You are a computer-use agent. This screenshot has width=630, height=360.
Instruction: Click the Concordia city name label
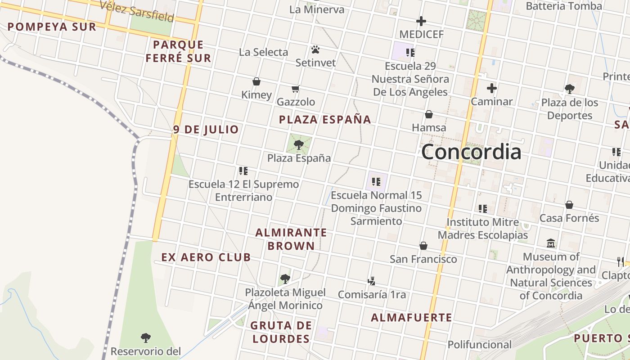(471, 152)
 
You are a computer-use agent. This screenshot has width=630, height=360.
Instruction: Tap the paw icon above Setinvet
(315, 49)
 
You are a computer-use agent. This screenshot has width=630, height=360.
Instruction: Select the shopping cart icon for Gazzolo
(295, 89)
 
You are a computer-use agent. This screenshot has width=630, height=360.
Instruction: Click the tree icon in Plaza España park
(298, 144)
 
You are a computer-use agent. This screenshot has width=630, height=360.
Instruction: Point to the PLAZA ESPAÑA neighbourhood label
(325, 120)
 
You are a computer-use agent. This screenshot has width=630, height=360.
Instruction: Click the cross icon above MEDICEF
(421, 21)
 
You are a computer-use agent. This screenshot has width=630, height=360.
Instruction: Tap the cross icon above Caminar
(491, 88)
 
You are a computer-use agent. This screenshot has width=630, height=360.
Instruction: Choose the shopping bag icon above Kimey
(256, 81)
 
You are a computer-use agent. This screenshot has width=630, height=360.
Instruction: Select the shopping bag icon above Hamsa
(429, 114)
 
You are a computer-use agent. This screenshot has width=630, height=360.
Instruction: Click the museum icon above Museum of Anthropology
(551, 243)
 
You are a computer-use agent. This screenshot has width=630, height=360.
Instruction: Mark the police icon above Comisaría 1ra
(371, 281)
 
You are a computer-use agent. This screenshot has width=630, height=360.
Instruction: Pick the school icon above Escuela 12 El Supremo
(243, 171)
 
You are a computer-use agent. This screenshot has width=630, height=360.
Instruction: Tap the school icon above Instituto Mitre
(483, 208)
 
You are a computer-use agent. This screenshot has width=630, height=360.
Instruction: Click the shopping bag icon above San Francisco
(423, 246)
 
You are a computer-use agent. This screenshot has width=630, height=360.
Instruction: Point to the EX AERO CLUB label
(206, 257)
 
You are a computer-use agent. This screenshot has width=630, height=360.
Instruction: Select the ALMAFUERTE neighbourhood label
(411, 318)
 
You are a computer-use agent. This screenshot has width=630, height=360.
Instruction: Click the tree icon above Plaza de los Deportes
(569, 89)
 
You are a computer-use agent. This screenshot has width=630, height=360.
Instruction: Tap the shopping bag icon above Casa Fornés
(569, 205)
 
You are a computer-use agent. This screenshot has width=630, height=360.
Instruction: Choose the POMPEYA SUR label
(52, 27)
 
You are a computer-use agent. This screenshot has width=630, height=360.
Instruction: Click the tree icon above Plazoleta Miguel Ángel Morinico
(285, 279)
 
